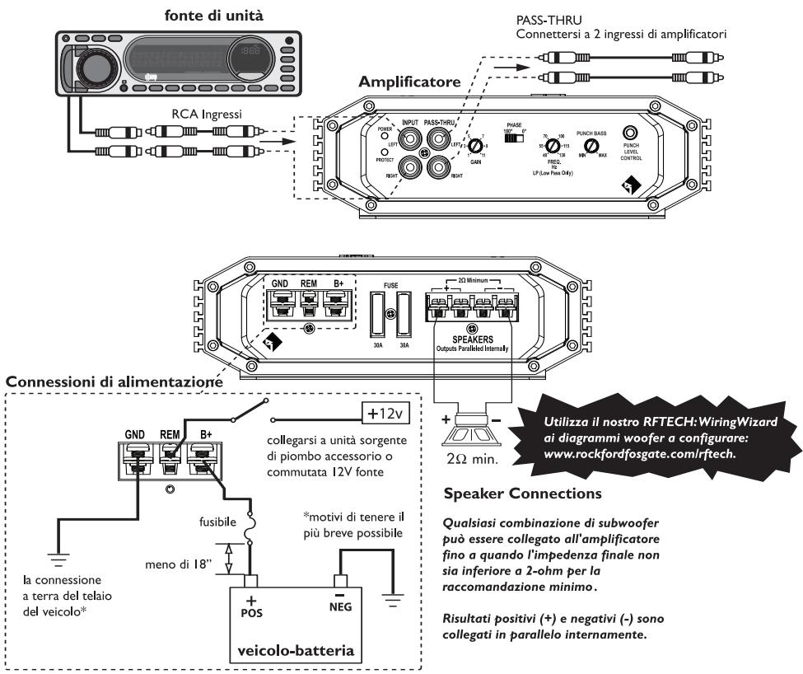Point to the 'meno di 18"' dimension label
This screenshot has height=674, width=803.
click(x=175, y=564)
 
